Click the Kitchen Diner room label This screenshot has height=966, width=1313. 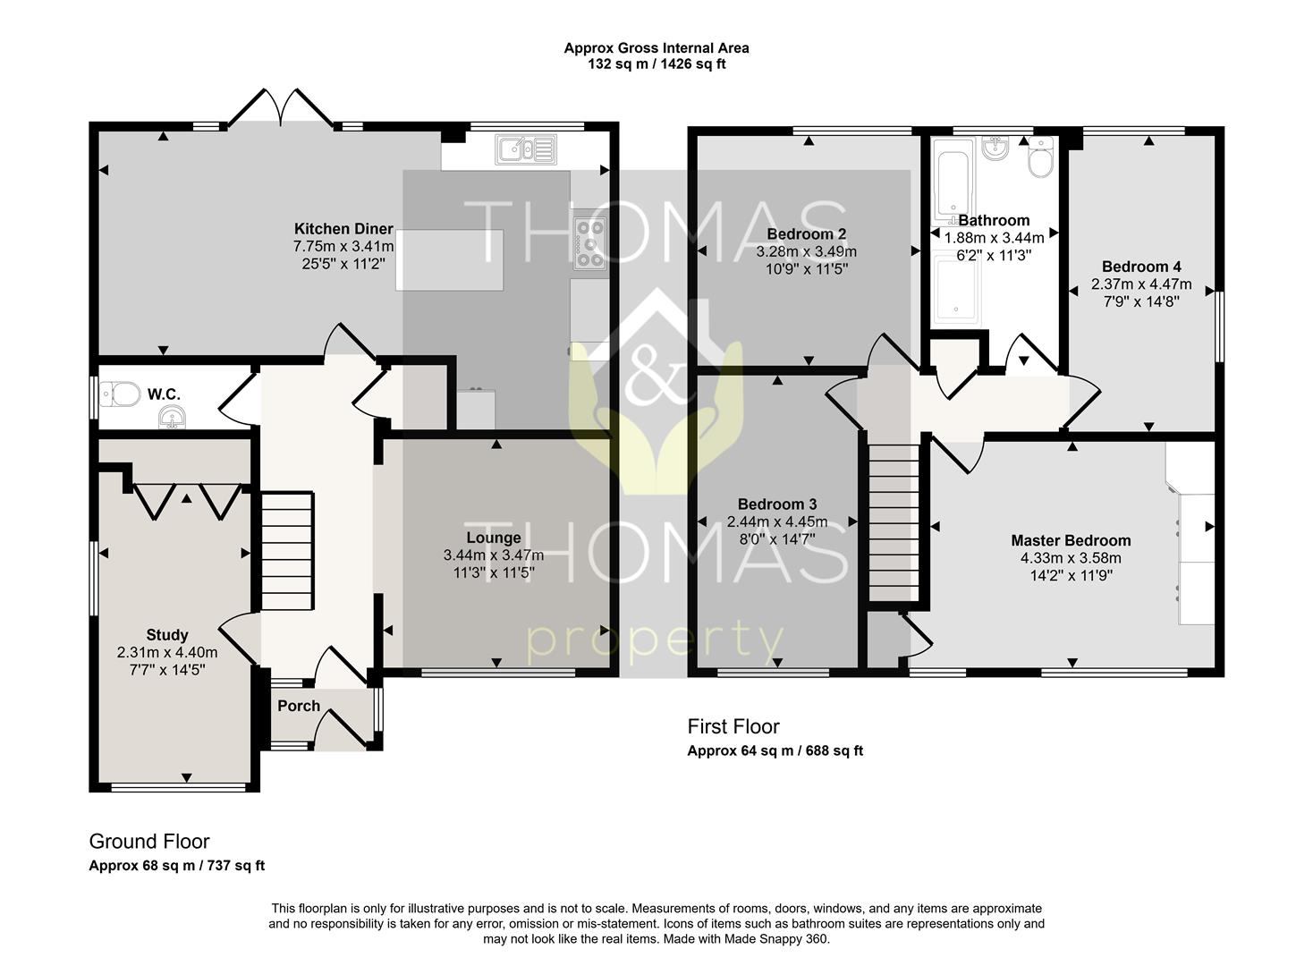pos(343,229)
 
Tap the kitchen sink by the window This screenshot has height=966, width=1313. pos(526,149)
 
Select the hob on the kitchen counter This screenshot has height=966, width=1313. pos(589,243)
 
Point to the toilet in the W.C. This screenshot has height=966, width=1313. pos(120,394)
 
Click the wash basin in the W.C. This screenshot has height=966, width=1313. pos(173,419)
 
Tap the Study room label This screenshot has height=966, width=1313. pos(167,635)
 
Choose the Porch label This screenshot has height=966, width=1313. pos(299,706)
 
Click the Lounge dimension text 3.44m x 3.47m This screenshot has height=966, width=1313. pos(494,555)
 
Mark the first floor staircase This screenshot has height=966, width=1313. pos(894,522)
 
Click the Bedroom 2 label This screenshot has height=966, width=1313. pos(807,233)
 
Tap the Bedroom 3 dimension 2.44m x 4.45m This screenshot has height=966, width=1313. pos(777,521)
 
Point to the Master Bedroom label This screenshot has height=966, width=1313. pos(1071,540)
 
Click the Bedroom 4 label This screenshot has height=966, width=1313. pos(1141,267)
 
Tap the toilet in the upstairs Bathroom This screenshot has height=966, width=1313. pos(1040,156)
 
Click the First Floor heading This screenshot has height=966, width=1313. pos(733,727)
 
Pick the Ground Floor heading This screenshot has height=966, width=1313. pos(148,842)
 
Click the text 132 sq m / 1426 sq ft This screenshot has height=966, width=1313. pos(656,64)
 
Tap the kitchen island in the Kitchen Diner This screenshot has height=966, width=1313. pos(450,259)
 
